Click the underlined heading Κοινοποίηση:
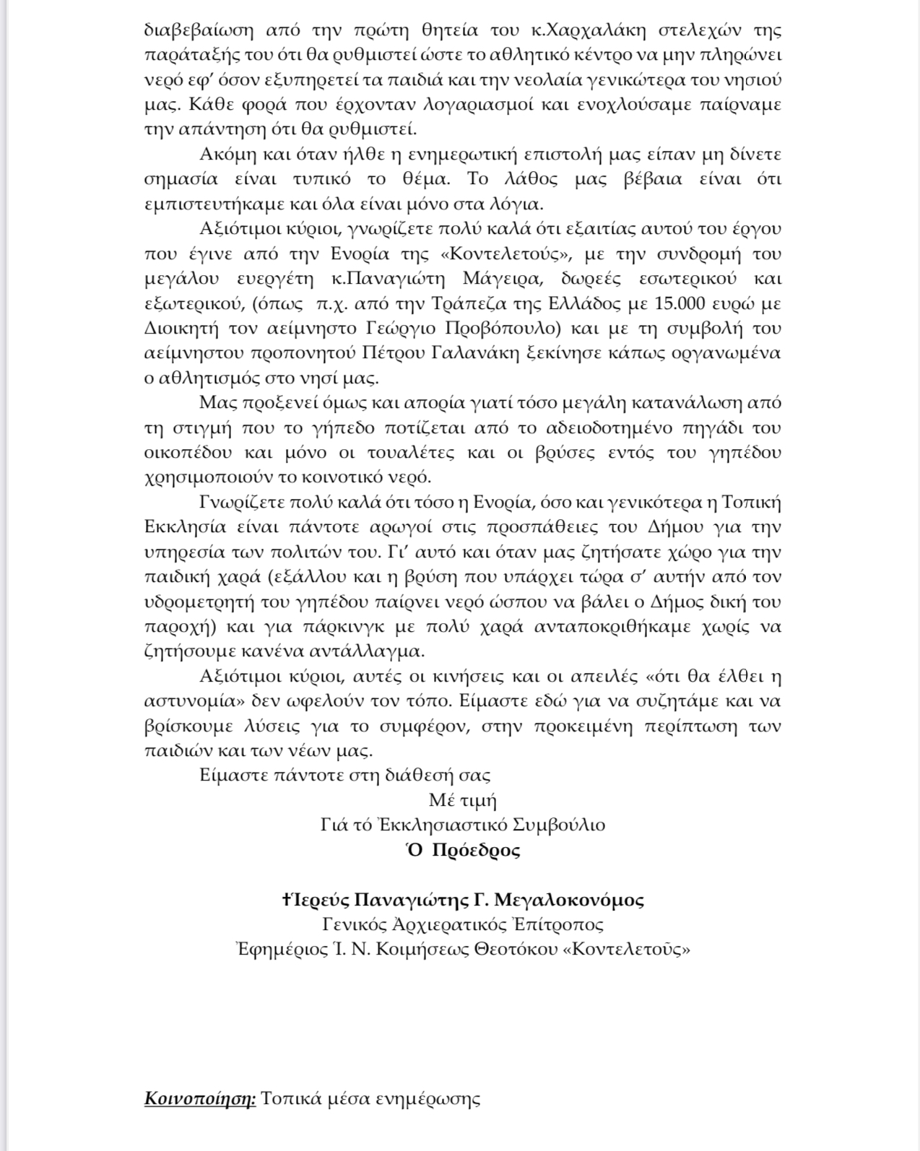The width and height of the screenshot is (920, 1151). (x=200, y=1099)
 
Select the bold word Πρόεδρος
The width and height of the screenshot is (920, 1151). (x=476, y=850)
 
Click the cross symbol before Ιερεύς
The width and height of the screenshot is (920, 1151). (x=287, y=900)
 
